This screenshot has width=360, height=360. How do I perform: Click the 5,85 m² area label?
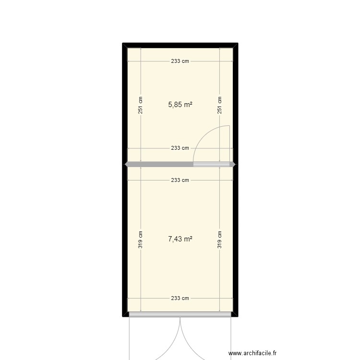pos(180,104)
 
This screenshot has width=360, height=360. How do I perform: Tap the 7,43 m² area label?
pos(180,239)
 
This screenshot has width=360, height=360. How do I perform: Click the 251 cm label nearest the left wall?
pos(141,105)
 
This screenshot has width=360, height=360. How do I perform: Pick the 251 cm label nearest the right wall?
pos(220,105)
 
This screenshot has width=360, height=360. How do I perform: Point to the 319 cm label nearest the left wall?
pos(141,240)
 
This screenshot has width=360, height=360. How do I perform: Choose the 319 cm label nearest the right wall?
pos(220,240)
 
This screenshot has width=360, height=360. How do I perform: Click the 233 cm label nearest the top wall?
pos(180,61)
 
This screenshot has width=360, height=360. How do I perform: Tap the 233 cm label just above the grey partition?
pos(180,148)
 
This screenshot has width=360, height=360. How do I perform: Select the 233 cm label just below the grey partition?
pos(180,180)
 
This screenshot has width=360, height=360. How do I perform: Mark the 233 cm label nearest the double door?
pos(180,298)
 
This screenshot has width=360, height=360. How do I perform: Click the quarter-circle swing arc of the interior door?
pos(202,137)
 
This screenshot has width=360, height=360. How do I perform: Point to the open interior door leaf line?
pos(230,144)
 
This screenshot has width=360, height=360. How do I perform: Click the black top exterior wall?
pos(180,45)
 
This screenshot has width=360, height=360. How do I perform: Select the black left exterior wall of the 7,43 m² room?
pos(125,240)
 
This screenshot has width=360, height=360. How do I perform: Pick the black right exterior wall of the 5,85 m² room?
pos(235,105)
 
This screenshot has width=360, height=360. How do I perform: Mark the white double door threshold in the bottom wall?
pos(180,314)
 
